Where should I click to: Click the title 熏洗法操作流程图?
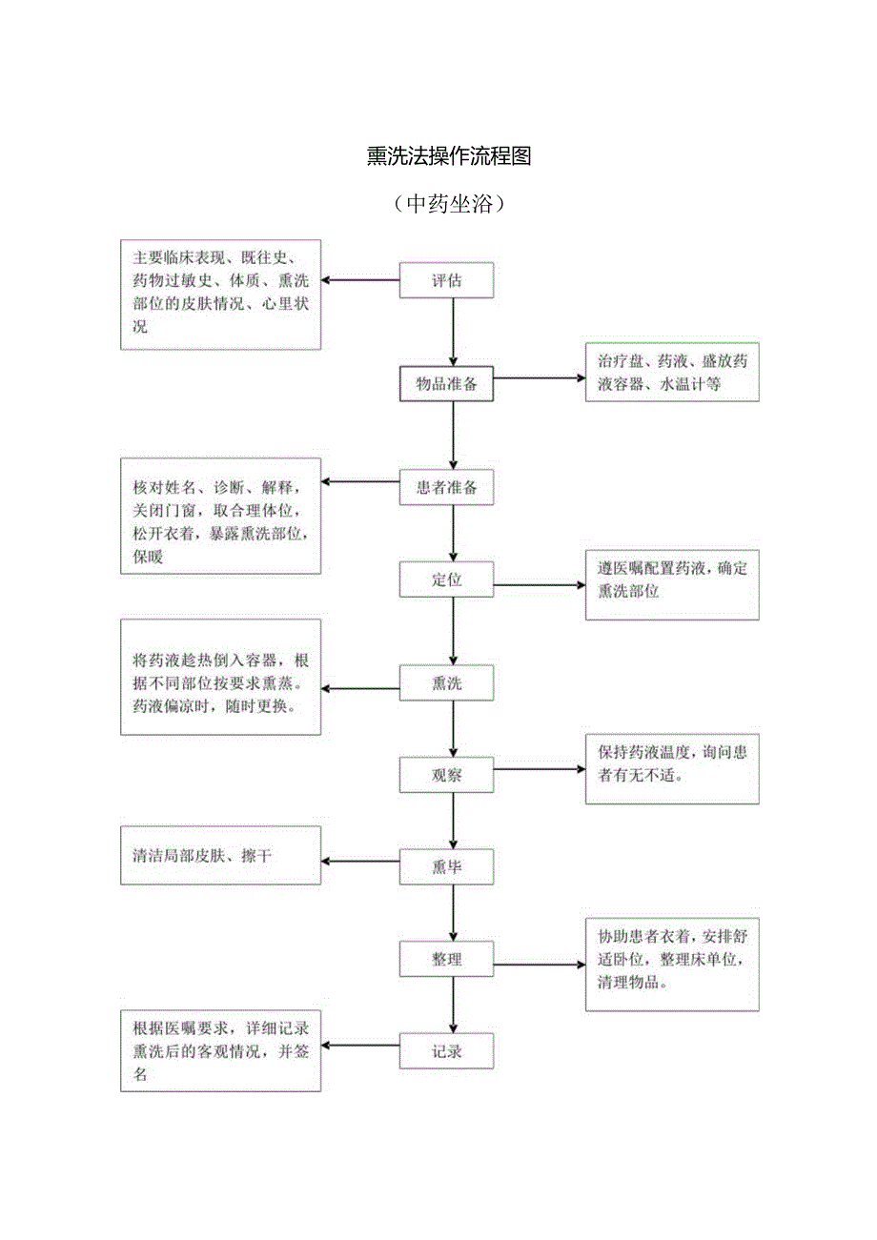coord(448,157)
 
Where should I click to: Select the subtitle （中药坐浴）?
coord(448,204)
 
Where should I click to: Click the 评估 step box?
coord(446,281)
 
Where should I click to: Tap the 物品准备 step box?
coord(446,384)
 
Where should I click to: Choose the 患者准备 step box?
coord(446,488)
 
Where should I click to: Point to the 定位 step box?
coord(446,579)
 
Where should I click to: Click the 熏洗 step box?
coord(446,683)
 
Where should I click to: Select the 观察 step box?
coord(446,775)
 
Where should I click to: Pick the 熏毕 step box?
coord(446,866)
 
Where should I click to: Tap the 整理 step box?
coord(446,959)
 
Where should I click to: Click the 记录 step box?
coord(446,1051)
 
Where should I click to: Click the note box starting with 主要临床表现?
coord(220,293)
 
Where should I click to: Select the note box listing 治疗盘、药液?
coord(672,372)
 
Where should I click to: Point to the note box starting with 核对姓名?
coord(220,516)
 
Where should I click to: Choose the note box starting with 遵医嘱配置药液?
coord(672,585)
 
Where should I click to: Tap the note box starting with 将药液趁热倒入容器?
coord(220,677)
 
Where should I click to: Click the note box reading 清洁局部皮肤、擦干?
coord(220,855)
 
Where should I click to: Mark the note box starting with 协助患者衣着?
coord(672,964)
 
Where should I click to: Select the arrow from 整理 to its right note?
coord(540,965)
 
